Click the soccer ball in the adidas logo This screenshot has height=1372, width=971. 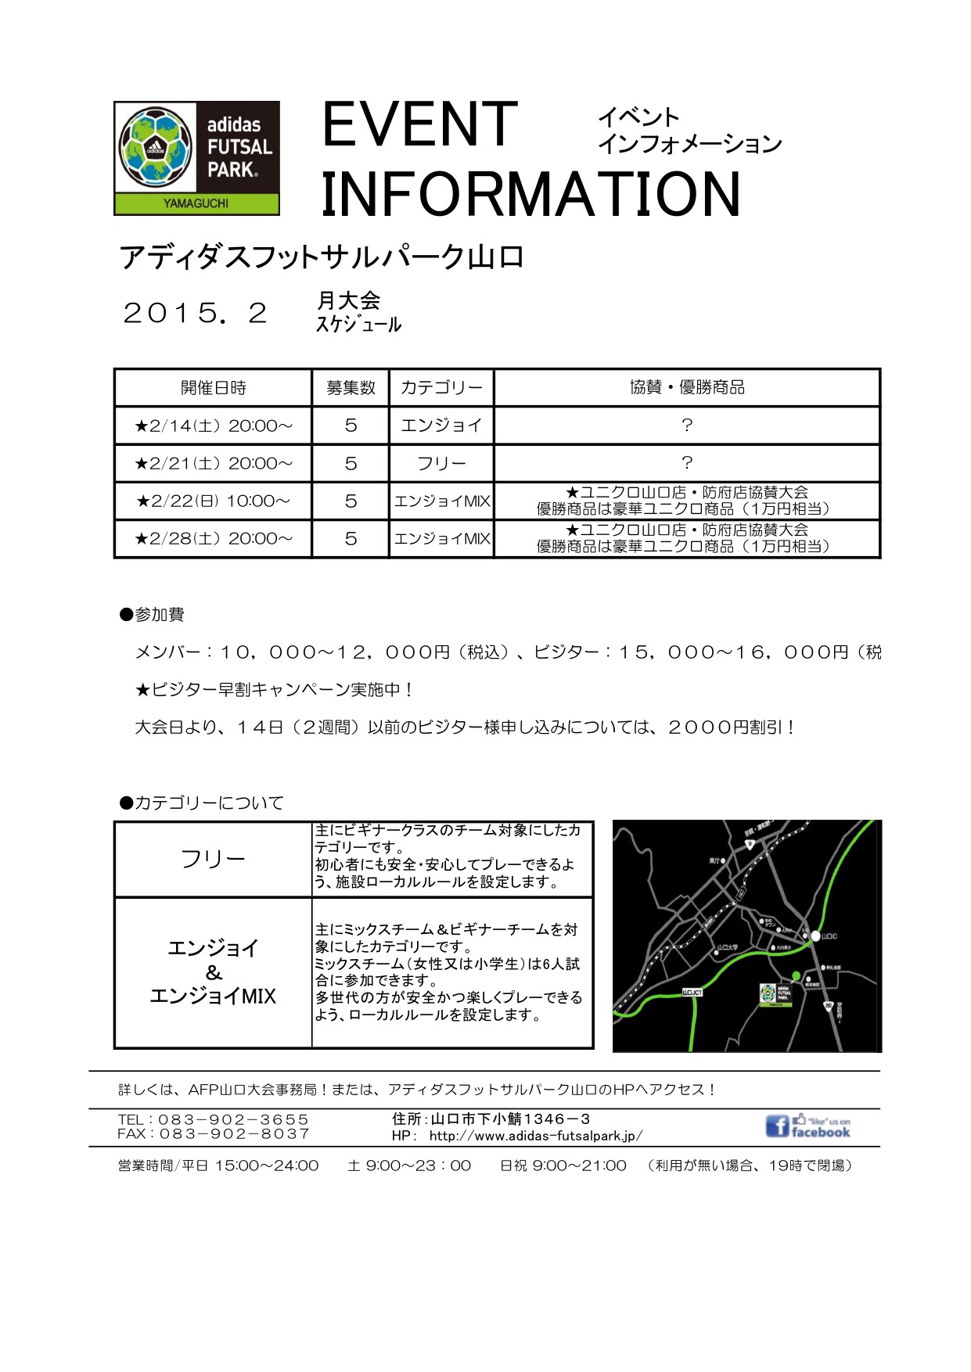click(x=155, y=146)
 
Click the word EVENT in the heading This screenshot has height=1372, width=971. click(x=419, y=125)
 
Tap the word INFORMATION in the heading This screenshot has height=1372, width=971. click(x=530, y=195)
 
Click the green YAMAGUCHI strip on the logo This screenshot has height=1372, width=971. click(x=196, y=203)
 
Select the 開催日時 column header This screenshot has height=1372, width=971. click(x=213, y=387)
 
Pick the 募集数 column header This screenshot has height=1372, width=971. click(x=351, y=387)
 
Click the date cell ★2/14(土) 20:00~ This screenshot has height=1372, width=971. click(x=213, y=426)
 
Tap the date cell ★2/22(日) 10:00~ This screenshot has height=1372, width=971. click(x=213, y=501)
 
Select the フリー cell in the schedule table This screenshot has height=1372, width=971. click(x=441, y=463)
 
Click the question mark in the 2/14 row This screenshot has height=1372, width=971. click(x=686, y=425)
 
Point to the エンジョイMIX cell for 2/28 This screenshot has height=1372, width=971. click(x=441, y=538)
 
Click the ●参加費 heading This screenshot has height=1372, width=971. click(x=152, y=615)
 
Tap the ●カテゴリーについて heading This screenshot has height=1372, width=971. click(x=201, y=803)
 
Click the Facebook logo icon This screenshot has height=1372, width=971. click(x=777, y=1126)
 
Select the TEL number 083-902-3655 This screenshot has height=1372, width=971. click(x=233, y=1119)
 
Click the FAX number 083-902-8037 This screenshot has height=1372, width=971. click(x=234, y=1133)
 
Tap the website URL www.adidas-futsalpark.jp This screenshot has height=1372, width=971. click(x=536, y=1136)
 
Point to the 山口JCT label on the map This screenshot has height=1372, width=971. click(x=692, y=992)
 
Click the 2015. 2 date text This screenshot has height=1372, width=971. click(x=196, y=314)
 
